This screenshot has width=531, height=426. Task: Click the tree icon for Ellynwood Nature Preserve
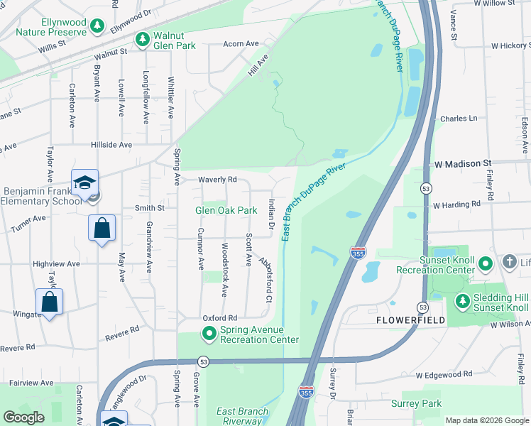(x=97, y=26)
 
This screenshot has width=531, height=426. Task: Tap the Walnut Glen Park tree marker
(x=143, y=38)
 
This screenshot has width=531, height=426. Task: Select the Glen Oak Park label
(x=226, y=210)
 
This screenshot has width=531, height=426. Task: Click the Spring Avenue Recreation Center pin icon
(x=209, y=333)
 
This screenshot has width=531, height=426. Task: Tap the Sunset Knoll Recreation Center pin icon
(x=486, y=265)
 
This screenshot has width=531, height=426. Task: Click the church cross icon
(x=509, y=262)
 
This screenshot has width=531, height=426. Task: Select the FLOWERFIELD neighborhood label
(x=410, y=320)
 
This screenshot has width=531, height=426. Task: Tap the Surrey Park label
(x=416, y=403)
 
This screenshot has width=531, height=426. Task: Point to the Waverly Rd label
(x=217, y=180)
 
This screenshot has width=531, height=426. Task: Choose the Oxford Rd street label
(x=219, y=317)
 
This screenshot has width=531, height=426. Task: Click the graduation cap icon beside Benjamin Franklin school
(x=84, y=183)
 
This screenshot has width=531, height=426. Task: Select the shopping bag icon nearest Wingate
(x=50, y=302)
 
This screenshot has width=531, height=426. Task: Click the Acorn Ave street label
(x=241, y=43)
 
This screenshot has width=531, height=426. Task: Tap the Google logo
(x=24, y=417)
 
